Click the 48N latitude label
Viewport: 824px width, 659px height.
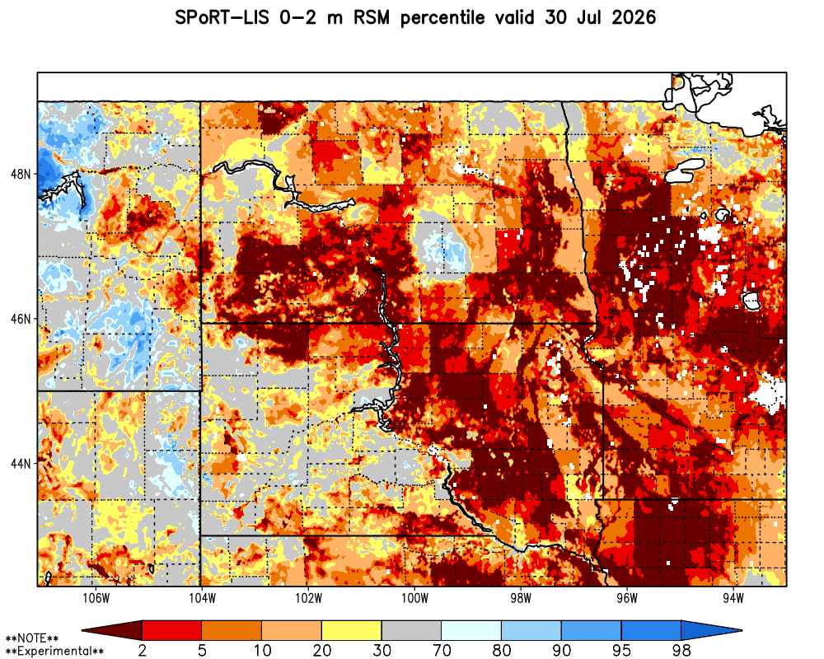(21, 174)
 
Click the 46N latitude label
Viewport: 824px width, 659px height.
(21, 319)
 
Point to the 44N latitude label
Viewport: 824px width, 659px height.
(21, 464)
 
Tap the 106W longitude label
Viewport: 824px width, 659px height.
(96, 599)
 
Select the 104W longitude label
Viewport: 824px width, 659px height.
(203, 599)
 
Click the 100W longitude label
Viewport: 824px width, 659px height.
(414, 599)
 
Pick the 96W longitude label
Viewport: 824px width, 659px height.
(627, 599)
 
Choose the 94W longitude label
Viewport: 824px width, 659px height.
(733, 599)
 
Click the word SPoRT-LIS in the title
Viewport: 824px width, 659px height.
(221, 18)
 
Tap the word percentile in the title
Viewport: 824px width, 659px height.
(442, 18)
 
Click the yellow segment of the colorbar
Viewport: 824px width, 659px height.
(352, 629)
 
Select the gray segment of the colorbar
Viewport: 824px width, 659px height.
(411, 629)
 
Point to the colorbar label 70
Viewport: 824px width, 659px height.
(442, 651)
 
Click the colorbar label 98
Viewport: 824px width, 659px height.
(681, 651)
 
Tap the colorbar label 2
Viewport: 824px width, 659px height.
(143, 651)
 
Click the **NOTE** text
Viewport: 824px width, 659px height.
(32, 638)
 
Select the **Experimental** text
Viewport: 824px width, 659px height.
(54, 652)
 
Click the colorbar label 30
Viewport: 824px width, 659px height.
(382, 651)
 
